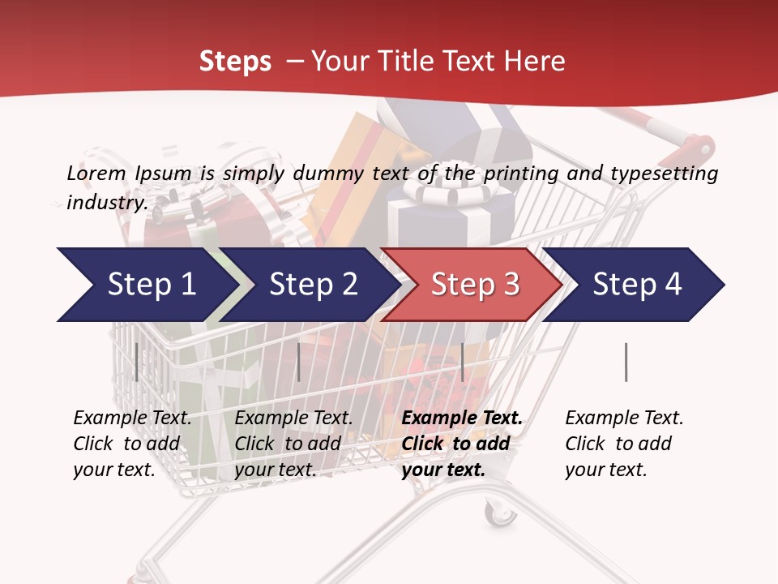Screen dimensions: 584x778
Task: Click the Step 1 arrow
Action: coord(146,285)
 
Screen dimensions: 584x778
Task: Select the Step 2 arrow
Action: coord(312,285)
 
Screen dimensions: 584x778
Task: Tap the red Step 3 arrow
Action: coord(474,285)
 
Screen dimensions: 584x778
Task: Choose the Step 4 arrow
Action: coord(636,285)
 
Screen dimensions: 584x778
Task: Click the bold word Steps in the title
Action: coord(235,61)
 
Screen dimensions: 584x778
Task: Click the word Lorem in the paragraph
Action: coord(96,173)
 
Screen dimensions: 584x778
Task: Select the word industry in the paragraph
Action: coord(107,202)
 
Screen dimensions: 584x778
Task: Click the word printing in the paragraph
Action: coord(512,173)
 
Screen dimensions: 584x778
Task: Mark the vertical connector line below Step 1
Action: coord(136,362)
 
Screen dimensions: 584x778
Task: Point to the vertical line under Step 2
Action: coord(299,362)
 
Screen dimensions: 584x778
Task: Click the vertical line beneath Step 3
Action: coord(462,362)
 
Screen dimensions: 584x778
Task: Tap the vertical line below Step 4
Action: coord(626,362)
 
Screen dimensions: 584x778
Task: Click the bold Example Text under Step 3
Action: coord(462,419)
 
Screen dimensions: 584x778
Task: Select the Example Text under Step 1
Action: coord(132,419)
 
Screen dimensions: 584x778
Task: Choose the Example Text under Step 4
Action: coord(624,419)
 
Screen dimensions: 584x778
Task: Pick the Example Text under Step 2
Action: coord(293,419)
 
